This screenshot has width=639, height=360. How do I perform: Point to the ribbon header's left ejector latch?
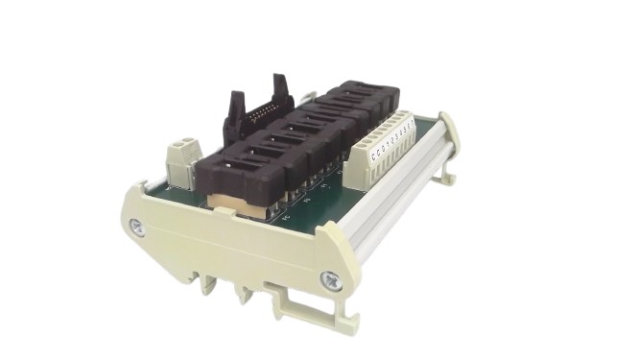[x=232, y=106]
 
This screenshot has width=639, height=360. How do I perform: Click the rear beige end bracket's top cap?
[x=449, y=116]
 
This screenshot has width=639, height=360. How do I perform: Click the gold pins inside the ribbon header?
[x=257, y=115]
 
